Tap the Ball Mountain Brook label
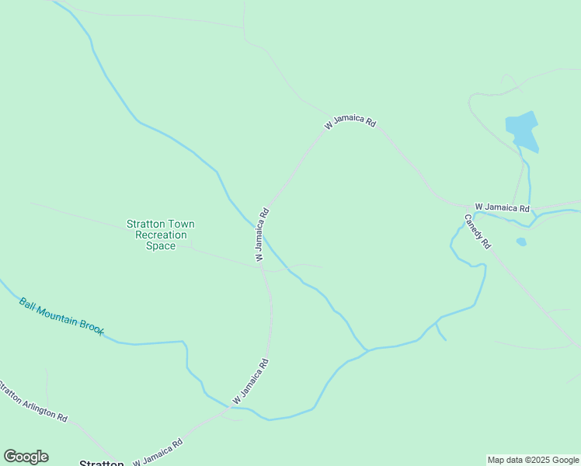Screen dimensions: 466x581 pos(61,316)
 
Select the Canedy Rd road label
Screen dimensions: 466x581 pos(478,231)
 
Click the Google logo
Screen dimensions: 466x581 pos(26,457)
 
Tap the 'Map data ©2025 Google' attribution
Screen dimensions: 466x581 pos(533,460)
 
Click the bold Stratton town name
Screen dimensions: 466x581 pos(102,464)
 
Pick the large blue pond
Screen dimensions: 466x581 pos(522,129)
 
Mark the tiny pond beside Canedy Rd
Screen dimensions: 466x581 pos(521,242)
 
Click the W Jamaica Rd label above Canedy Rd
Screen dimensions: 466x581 pos(502,207)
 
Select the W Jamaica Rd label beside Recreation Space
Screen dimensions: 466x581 pos(260,233)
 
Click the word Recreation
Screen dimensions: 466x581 pos(161,235)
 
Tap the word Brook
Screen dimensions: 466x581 pos(92,329)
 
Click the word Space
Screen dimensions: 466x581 pos(161,245)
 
